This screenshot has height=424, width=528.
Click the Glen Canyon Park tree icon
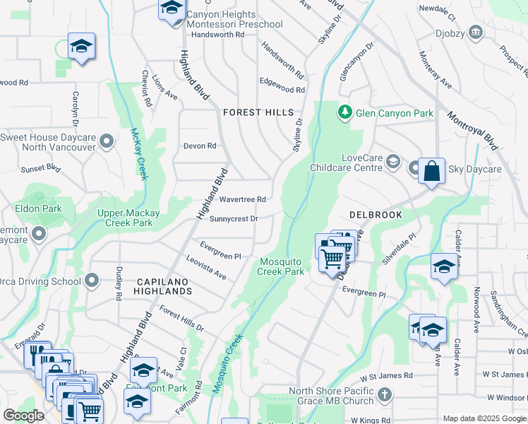(345, 112)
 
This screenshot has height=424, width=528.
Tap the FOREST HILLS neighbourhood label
(258, 112)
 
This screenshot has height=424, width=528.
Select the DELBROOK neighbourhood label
(376, 214)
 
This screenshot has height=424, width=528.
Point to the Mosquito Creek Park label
(280, 266)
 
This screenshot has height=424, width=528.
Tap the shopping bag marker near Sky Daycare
(431, 172)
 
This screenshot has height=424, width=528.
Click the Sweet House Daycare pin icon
(107, 142)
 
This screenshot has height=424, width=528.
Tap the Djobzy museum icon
(476, 32)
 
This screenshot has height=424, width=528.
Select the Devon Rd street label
(200, 146)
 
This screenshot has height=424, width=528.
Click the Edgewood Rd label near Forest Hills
(282, 90)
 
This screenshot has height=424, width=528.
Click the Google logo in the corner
(23, 416)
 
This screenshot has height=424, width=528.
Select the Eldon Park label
(39, 208)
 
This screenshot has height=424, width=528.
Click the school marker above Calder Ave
(444, 267)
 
